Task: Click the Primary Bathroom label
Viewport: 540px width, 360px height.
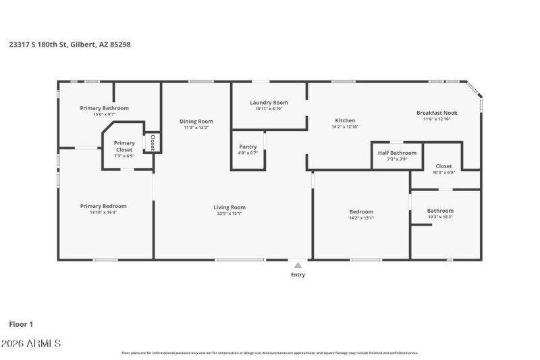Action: [x=104, y=108]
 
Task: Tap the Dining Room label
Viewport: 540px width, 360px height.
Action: [x=196, y=122]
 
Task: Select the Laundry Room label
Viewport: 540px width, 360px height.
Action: [x=269, y=103]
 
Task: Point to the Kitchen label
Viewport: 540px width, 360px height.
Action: [x=345, y=121]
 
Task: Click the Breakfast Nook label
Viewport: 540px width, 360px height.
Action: [x=437, y=113]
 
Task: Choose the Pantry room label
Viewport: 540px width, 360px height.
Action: [x=248, y=147]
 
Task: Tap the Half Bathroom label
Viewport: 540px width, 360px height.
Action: [x=397, y=153]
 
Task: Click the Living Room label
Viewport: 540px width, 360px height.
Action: [x=230, y=207]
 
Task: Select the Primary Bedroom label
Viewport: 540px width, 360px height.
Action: [x=103, y=206]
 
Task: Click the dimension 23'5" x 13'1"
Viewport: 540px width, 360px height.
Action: [x=230, y=214]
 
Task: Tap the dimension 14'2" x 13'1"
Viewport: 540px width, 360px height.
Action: [x=361, y=217]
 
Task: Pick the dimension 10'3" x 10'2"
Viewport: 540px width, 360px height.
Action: [x=440, y=217]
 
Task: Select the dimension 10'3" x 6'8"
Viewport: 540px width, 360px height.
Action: [x=443, y=172]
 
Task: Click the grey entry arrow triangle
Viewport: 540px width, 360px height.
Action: [x=298, y=265]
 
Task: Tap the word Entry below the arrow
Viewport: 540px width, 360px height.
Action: [x=298, y=275]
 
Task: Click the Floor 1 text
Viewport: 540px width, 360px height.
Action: [x=21, y=324]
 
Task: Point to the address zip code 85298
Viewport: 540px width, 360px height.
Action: [x=120, y=44]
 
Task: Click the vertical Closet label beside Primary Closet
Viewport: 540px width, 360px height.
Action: [x=153, y=142]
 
